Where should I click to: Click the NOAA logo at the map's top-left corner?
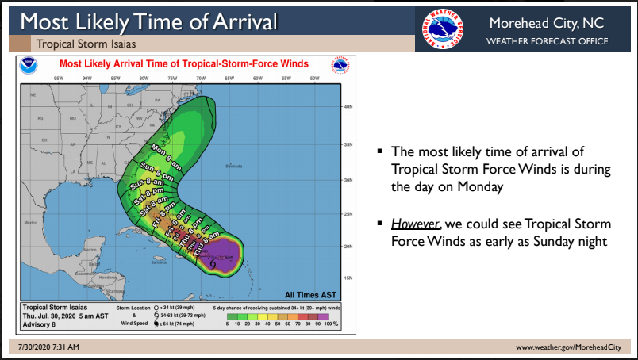pos(30,64)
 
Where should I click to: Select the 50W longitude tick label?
pos(314,79)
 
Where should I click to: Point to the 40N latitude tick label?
pos(347,106)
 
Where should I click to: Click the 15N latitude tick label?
pos(347,278)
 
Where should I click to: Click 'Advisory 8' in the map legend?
pos(40,323)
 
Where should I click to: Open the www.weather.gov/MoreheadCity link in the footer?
pos(568,347)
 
